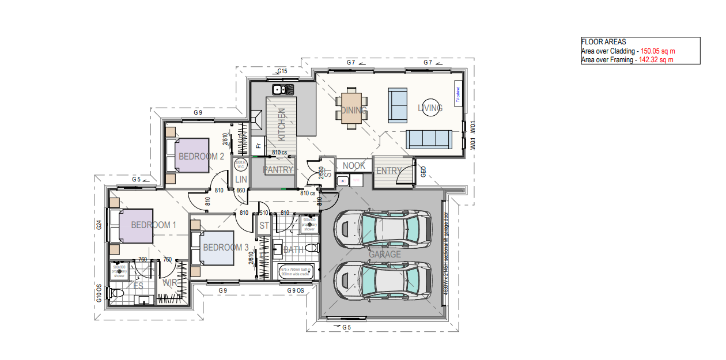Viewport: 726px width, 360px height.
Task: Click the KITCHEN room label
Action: click(282, 125)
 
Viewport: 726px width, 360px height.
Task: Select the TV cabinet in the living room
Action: click(458, 93)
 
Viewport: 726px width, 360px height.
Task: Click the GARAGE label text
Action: click(385, 254)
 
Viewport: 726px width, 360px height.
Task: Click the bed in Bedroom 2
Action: click(188, 155)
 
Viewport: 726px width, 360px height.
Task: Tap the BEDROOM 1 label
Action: click(153, 225)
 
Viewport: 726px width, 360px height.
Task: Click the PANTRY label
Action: click(278, 170)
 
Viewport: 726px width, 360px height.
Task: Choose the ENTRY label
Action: click(389, 171)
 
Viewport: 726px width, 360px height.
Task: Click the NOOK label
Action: click(354, 165)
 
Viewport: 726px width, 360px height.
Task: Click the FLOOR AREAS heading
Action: click(603, 42)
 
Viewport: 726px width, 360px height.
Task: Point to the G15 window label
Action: click(282, 71)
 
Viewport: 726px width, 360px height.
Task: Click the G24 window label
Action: click(99, 225)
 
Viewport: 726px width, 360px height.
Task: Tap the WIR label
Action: click(170, 283)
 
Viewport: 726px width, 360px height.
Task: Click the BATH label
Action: click(293, 250)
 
